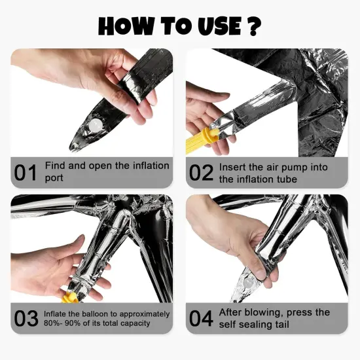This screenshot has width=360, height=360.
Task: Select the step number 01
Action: coord(26,173)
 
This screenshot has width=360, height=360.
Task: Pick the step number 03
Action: coord(26,318)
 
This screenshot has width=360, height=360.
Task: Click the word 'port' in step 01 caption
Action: coord(54,179)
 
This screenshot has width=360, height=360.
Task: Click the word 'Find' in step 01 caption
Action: coord(55,166)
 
